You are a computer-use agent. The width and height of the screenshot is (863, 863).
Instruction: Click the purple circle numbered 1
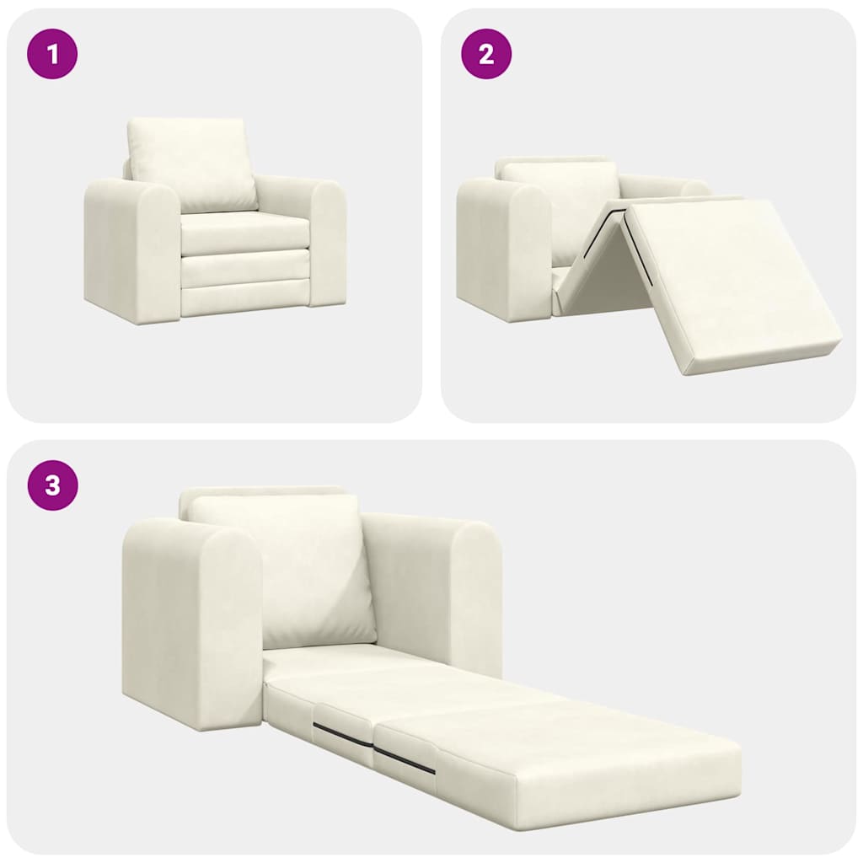(52, 54)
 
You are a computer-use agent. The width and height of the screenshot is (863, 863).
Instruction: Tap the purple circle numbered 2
(486, 54)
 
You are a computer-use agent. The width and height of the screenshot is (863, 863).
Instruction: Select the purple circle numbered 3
(52, 485)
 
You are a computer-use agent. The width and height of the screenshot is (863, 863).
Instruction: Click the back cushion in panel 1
(191, 164)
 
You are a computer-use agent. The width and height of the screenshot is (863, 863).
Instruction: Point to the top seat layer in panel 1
(244, 233)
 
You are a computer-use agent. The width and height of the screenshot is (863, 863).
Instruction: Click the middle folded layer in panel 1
(244, 268)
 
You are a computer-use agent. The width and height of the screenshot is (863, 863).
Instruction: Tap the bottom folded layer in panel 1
(244, 300)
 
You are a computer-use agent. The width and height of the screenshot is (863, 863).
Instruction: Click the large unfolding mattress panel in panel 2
(729, 282)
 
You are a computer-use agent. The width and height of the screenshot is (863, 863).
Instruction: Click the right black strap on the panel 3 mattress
(405, 759)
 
